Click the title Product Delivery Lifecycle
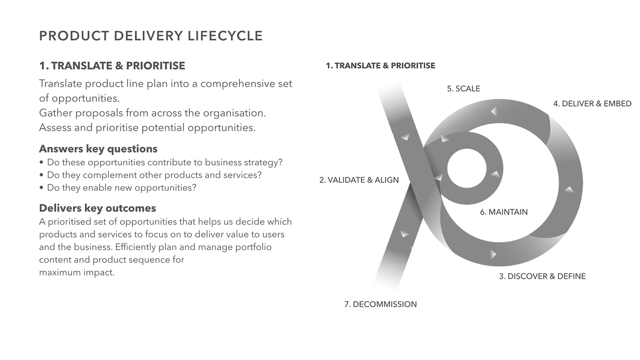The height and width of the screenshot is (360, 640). (x=151, y=36)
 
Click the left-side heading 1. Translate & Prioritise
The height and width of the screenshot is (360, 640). (x=112, y=66)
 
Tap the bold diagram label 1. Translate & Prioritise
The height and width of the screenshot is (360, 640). (x=380, y=66)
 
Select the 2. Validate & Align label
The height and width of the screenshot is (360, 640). (x=359, y=180)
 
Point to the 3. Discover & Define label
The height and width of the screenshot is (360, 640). (x=542, y=276)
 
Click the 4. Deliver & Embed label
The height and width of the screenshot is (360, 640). (x=592, y=104)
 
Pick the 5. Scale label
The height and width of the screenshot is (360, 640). (x=463, y=89)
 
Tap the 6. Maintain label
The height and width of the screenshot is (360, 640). (x=503, y=212)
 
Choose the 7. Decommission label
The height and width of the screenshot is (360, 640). (x=380, y=304)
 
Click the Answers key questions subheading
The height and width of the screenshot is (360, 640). (x=98, y=149)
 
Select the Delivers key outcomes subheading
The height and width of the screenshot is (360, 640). (x=97, y=208)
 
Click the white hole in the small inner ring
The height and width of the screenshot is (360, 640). (x=467, y=168)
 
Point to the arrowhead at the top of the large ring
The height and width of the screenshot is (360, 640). (x=494, y=111)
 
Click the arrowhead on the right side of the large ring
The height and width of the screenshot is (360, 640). (x=569, y=189)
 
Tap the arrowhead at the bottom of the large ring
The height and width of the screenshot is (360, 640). (x=493, y=254)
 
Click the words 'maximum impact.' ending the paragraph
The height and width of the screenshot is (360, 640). (x=77, y=272)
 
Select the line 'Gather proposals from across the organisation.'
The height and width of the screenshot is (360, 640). (x=152, y=113)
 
